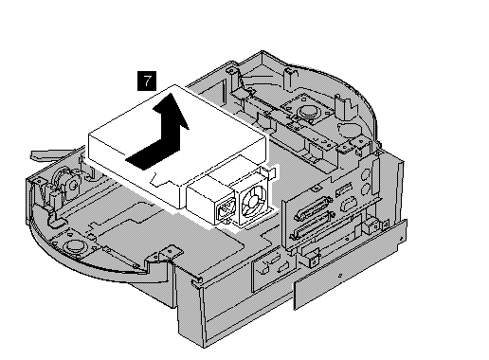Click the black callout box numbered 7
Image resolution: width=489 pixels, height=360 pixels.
tap(147, 81)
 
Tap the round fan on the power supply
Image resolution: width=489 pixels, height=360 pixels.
tap(253, 202)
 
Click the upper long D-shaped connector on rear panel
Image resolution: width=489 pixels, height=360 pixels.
tap(313, 207)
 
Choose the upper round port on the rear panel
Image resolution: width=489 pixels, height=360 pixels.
tap(366, 174)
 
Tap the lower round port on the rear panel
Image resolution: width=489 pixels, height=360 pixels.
tap(366, 189)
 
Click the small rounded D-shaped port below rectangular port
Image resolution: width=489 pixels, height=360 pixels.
tap(348, 204)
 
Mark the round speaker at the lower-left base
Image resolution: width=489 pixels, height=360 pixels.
tap(74, 245)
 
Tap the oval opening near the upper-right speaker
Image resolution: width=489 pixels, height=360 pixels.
tap(349, 129)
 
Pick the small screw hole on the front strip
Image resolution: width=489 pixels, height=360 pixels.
tap(340, 276)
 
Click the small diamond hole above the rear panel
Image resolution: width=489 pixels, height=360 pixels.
tap(317, 188)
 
